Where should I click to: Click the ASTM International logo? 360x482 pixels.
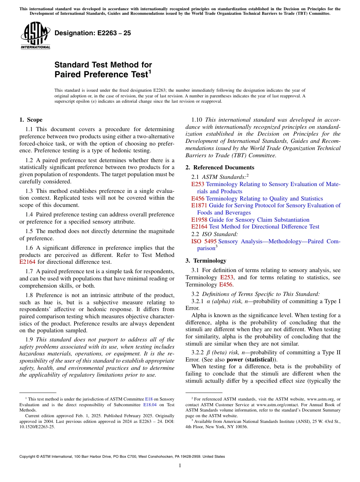coord(35,36)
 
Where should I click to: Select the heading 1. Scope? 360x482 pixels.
coord(31,120)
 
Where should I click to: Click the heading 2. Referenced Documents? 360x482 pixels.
coord(220,167)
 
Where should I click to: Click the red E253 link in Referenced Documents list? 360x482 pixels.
coord(198,184)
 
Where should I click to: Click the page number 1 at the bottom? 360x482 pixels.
coord(180,466)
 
